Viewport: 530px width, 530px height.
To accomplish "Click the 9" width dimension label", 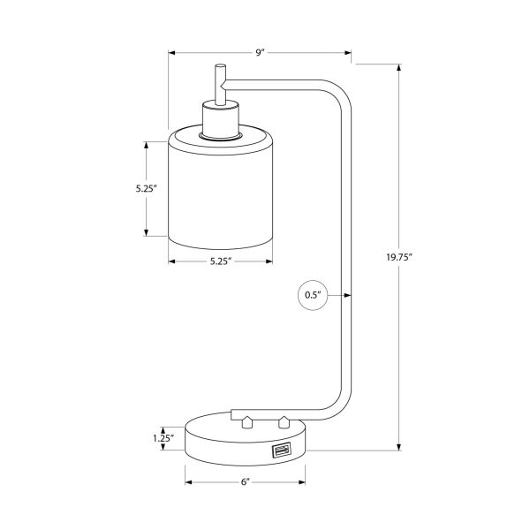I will pyautogui.click(x=261, y=53).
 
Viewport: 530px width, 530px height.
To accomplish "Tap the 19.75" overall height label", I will pyautogui.click(x=399, y=258).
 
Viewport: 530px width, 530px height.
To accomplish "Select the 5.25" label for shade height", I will pyautogui.click(x=146, y=188).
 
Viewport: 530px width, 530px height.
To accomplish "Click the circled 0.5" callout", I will pyautogui.click(x=313, y=295).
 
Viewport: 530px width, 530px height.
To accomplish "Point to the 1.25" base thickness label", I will pyautogui.click(x=162, y=437).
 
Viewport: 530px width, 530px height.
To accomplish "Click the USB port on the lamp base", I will pyautogui.click(x=280, y=452).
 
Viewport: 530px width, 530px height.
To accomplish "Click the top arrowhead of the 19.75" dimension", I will pyautogui.click(x=399, y=69).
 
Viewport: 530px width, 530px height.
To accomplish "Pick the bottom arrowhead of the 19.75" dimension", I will pyautogui.click(x=399, y=448).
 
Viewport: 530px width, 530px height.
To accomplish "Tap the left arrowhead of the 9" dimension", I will pyautogui.click(x=172, y=53).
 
